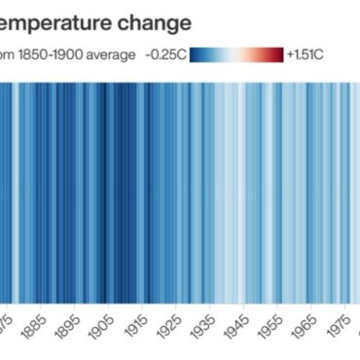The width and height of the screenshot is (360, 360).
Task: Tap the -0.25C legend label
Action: (165, 54)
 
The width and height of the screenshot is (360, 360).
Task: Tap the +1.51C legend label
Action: (306, 54)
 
